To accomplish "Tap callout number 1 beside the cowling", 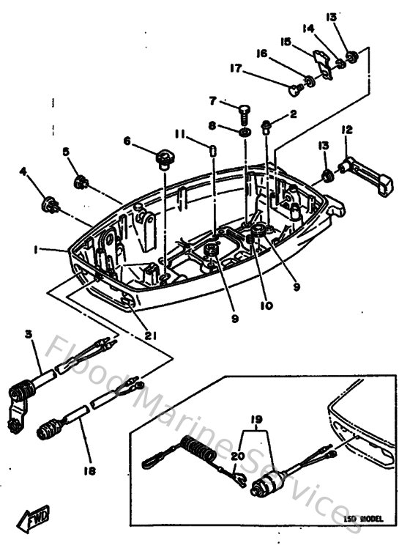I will tap(34, 250).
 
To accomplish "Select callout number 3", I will tap(29, 335).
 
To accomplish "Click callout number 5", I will tap(66, 152).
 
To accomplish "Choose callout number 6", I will tap(127, 141).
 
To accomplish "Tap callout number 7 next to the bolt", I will tap(212, 100).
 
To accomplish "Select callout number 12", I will tap(346, 130).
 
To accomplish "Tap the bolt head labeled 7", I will tap(245, 110).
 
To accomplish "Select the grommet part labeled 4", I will tap(51, 204).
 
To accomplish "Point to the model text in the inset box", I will tap(363, 518).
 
